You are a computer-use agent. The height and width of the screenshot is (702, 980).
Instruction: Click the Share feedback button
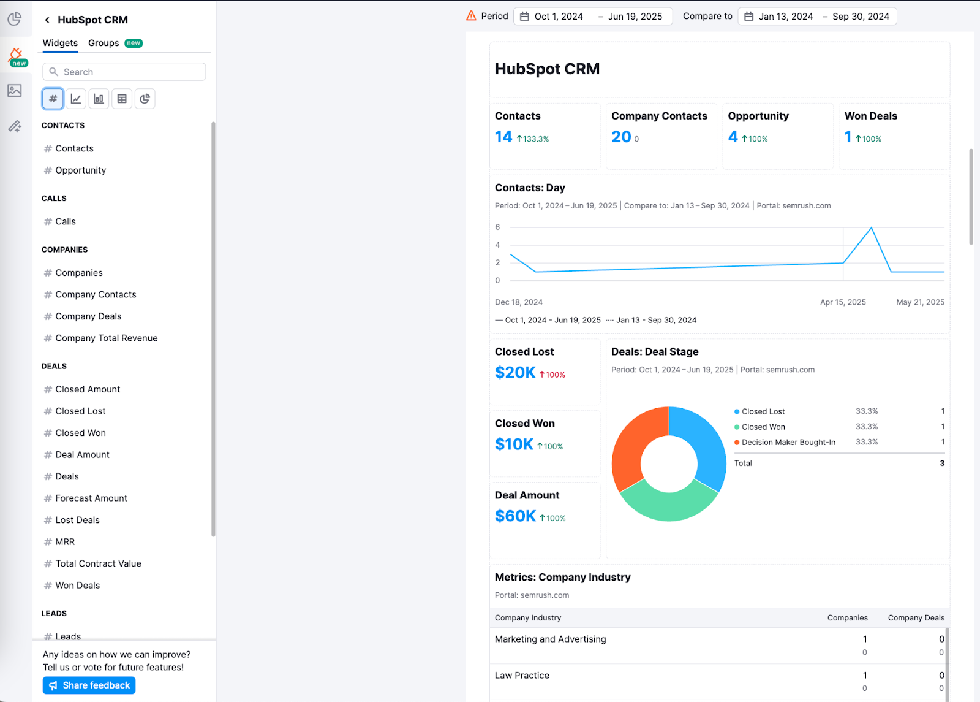(x=89, y=685)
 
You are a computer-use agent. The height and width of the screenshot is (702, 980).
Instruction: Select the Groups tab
(x=104, y=43)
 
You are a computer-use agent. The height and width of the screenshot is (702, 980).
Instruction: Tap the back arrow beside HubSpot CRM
(x=47, y=20)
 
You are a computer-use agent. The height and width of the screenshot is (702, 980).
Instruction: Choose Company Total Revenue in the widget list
(x=106, y=338)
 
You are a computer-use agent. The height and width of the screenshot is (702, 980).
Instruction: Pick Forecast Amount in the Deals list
(x=91, y=498)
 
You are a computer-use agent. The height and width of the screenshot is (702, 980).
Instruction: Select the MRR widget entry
(x=65, y=542)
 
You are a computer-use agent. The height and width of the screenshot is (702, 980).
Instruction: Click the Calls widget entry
(x=66, y=222)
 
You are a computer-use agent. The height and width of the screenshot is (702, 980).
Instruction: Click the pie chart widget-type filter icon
(x=145, y=99)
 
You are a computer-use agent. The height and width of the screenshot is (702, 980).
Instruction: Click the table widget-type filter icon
(x=122, y=99)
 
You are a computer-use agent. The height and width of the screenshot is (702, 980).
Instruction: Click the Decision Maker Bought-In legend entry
(x=788, y=443)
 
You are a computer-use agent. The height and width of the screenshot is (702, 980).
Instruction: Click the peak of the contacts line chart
(x=871, y=228)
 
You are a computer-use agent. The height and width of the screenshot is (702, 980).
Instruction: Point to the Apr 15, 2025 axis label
(x=843, y=302)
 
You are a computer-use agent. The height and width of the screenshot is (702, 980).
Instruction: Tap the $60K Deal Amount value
(x=515, y=516)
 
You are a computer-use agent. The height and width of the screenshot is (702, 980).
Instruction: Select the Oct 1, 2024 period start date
(x=558, y=17)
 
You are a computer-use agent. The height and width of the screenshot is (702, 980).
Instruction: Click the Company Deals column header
(x=916, y=618)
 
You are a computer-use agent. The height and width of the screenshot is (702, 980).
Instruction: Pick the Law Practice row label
(x=522, y=676)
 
